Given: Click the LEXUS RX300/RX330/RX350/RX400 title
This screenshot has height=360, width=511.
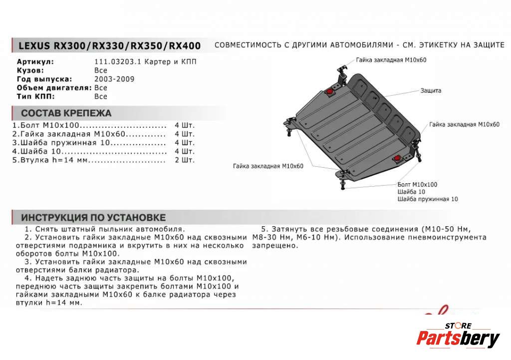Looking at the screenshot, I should (109, 46).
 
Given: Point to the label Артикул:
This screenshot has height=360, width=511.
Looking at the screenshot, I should (35, 62).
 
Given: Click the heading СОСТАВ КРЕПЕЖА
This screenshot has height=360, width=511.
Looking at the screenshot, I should (66, 113).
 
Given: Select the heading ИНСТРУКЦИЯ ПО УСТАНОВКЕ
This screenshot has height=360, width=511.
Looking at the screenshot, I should (93, 218).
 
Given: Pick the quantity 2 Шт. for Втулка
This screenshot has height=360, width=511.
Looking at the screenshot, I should (185, 160).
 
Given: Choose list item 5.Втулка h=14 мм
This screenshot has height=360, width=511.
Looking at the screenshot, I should (50, 160).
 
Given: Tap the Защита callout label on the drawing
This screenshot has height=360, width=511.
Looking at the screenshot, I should (430, 91).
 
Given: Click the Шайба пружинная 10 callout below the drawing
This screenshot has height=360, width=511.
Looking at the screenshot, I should (427, 199).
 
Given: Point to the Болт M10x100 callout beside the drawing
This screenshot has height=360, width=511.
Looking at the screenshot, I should (417, 184).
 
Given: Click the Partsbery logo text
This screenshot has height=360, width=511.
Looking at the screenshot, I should (458, 339).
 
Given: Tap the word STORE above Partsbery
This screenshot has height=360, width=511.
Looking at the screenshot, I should (458, 326).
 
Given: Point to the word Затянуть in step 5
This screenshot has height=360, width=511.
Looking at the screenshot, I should (290, 229).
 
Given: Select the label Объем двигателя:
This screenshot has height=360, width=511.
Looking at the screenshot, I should (54, 88).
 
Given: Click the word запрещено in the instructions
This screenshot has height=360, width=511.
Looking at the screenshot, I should (274, 246).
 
